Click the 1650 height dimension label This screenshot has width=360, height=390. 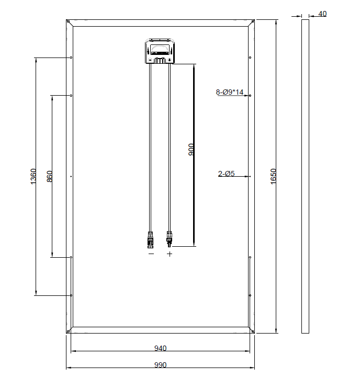tap(273, 176)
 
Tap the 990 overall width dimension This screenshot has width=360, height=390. tap(160, 365)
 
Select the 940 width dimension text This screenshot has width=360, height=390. tap(160, 348)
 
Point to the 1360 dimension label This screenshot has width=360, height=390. tap(33, 176)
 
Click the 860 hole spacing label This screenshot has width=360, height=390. tap(50, 176)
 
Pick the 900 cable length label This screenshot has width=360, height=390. tap(191, 150)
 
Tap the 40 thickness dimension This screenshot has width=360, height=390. tap(322, 14)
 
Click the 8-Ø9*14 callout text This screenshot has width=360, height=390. tap(230, 92)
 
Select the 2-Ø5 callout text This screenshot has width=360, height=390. tap(226, 174)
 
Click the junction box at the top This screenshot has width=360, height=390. tap(160, 51)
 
